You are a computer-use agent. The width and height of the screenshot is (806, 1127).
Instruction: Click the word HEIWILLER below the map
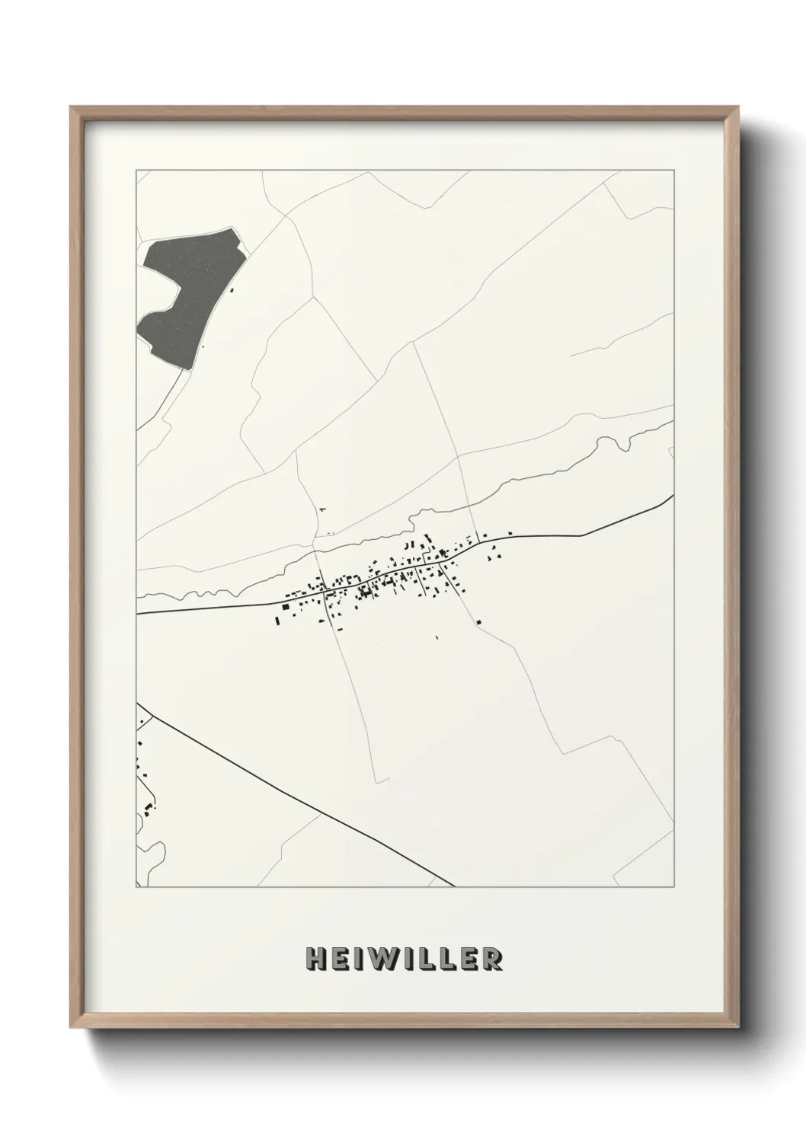coord(403,959)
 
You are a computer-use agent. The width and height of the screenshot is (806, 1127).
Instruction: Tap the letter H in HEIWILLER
coord(315,959)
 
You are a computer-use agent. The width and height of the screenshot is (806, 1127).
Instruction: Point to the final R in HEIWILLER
coord(493,959)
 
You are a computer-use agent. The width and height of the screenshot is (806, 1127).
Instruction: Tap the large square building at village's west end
coord(286,607)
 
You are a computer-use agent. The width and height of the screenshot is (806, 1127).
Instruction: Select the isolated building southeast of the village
coord(478,622)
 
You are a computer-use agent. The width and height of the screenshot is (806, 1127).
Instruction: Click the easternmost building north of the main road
coord(510,532)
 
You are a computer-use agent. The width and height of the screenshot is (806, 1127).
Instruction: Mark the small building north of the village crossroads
coord(322,509)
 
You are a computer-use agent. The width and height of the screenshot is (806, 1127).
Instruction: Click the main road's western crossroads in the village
coord(325,589)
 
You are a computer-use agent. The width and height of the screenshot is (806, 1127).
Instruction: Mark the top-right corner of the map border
coord(674,171)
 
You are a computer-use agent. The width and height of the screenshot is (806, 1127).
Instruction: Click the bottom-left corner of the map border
coord(136,887)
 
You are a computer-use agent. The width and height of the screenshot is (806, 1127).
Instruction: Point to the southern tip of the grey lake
coord(183,369)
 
